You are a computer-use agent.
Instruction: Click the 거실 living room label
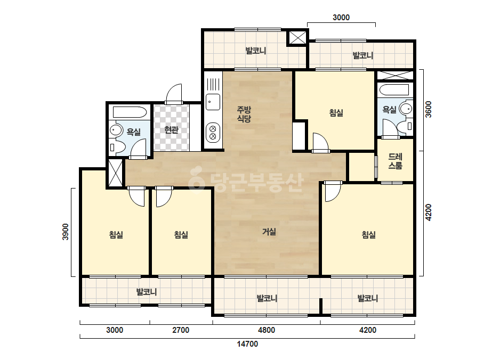(x=269, y=232)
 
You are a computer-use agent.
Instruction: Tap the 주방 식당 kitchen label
(x=244, y=114)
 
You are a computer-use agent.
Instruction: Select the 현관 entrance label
(x=171, y=129)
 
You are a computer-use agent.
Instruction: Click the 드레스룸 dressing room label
(x=395, y=161)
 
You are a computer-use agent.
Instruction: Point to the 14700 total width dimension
(x=247, y=344)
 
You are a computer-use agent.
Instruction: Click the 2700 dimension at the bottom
(x=181, y=330)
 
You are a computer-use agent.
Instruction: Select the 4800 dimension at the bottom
(x=267, y=330)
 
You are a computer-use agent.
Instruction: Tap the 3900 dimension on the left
(x=65, y=232)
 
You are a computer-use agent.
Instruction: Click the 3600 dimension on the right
(x=429, y=109)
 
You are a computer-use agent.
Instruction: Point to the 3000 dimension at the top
(x=341, y=18)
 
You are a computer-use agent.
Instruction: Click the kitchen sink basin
(x=213, y=102)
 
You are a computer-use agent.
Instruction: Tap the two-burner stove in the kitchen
(x=213, y=132)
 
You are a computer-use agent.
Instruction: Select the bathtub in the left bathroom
(x=130, y=112)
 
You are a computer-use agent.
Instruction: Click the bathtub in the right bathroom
(x=394, y=89)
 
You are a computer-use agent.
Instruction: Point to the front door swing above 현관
(x=174, y=93)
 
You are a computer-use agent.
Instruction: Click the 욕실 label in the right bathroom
(x=390, y=110)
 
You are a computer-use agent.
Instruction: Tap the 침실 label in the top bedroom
(x=336, y=113)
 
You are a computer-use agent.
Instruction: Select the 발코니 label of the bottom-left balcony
(x=147, y=292)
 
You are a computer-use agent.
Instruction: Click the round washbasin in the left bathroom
(x=116, y=130)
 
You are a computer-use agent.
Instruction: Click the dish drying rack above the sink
(x=213, y=84)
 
